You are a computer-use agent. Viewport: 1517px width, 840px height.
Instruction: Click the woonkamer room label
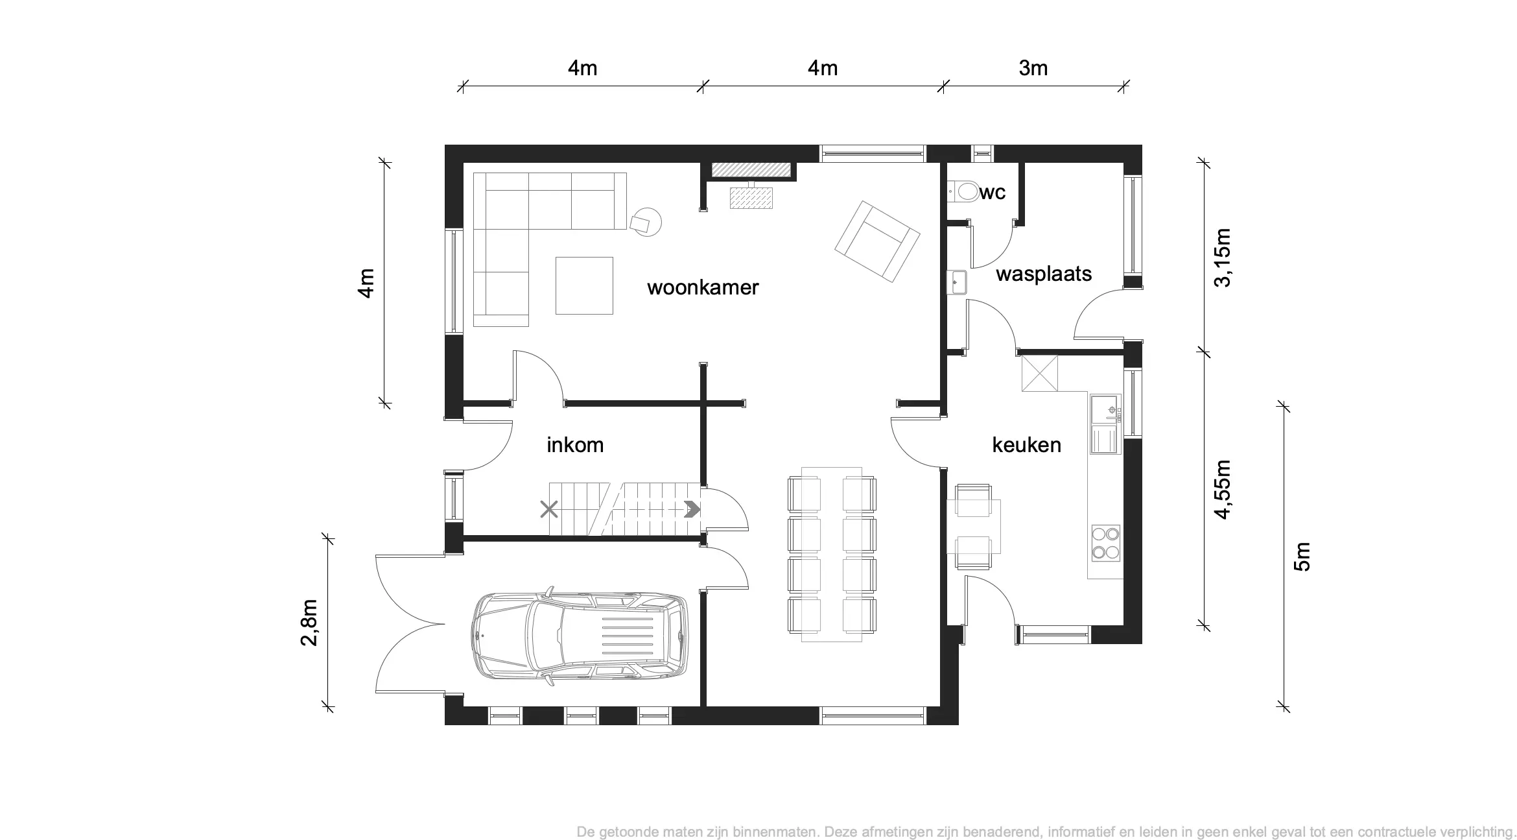[703, 287]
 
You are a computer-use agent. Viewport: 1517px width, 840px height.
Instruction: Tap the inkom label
[575, 445]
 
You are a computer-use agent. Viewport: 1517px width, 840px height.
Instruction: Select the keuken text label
[1027, 445]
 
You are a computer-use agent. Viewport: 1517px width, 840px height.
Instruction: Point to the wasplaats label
[1044, 274]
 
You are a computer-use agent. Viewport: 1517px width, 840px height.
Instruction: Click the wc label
[993, 193]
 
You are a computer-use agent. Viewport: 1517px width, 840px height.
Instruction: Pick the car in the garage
[578, 636]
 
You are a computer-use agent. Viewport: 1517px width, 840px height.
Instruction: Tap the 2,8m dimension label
[309, 623]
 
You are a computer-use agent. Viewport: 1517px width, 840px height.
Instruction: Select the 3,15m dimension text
[1222, 258]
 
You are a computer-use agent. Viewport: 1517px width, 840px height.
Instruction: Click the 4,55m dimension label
[1222, 490]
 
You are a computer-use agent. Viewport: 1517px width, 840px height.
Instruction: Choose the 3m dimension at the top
[1033, 68]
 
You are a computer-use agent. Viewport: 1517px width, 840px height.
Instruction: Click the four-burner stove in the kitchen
[1105, 543]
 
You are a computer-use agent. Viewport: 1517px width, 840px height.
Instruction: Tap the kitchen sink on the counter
[1105, 424]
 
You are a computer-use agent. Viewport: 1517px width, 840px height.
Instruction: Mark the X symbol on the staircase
[549, 509]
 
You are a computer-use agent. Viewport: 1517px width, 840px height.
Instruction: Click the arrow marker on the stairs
[692, 509]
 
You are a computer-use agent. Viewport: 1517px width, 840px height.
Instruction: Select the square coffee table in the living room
[584, 285]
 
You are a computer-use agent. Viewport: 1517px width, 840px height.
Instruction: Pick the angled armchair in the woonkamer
[877, 241]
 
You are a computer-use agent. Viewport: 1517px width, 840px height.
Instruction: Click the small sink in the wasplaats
[956, 283]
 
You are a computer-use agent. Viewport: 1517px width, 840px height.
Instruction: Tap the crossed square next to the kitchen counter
[1040, 373]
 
